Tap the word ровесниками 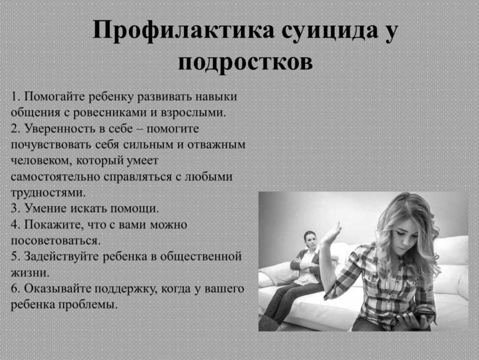pyautogui.click(x=110, y=113)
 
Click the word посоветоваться pyautogui.click(x=56, y=241)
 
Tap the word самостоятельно pyautogui.click(x=55, y=177)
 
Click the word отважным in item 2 pyautogui.click(x=217, y=145)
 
